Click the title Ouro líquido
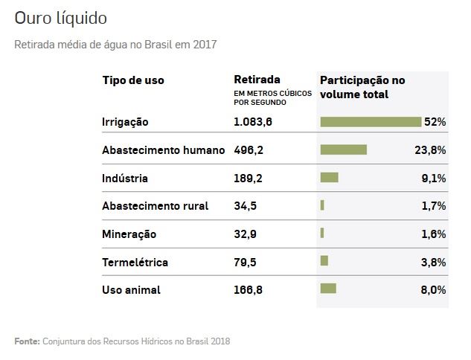(60, 17)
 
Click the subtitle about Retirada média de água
(115, 45)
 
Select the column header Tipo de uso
(133, 80)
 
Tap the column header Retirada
(257, 80)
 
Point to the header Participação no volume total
(362, 87)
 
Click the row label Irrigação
(125, 122)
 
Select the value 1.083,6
(253, 122)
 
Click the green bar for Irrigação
(371, 122)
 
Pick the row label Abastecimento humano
(163, 150)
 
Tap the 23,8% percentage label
(430, 150)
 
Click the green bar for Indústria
(329, 178)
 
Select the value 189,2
(248, 179)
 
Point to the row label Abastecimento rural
(155, 206)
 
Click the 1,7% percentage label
(433, 206)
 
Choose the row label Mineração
(129, 234)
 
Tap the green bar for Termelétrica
(324, 261)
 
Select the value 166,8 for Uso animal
(248, 290)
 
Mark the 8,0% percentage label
(433, 290)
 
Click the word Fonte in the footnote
(26, 341)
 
